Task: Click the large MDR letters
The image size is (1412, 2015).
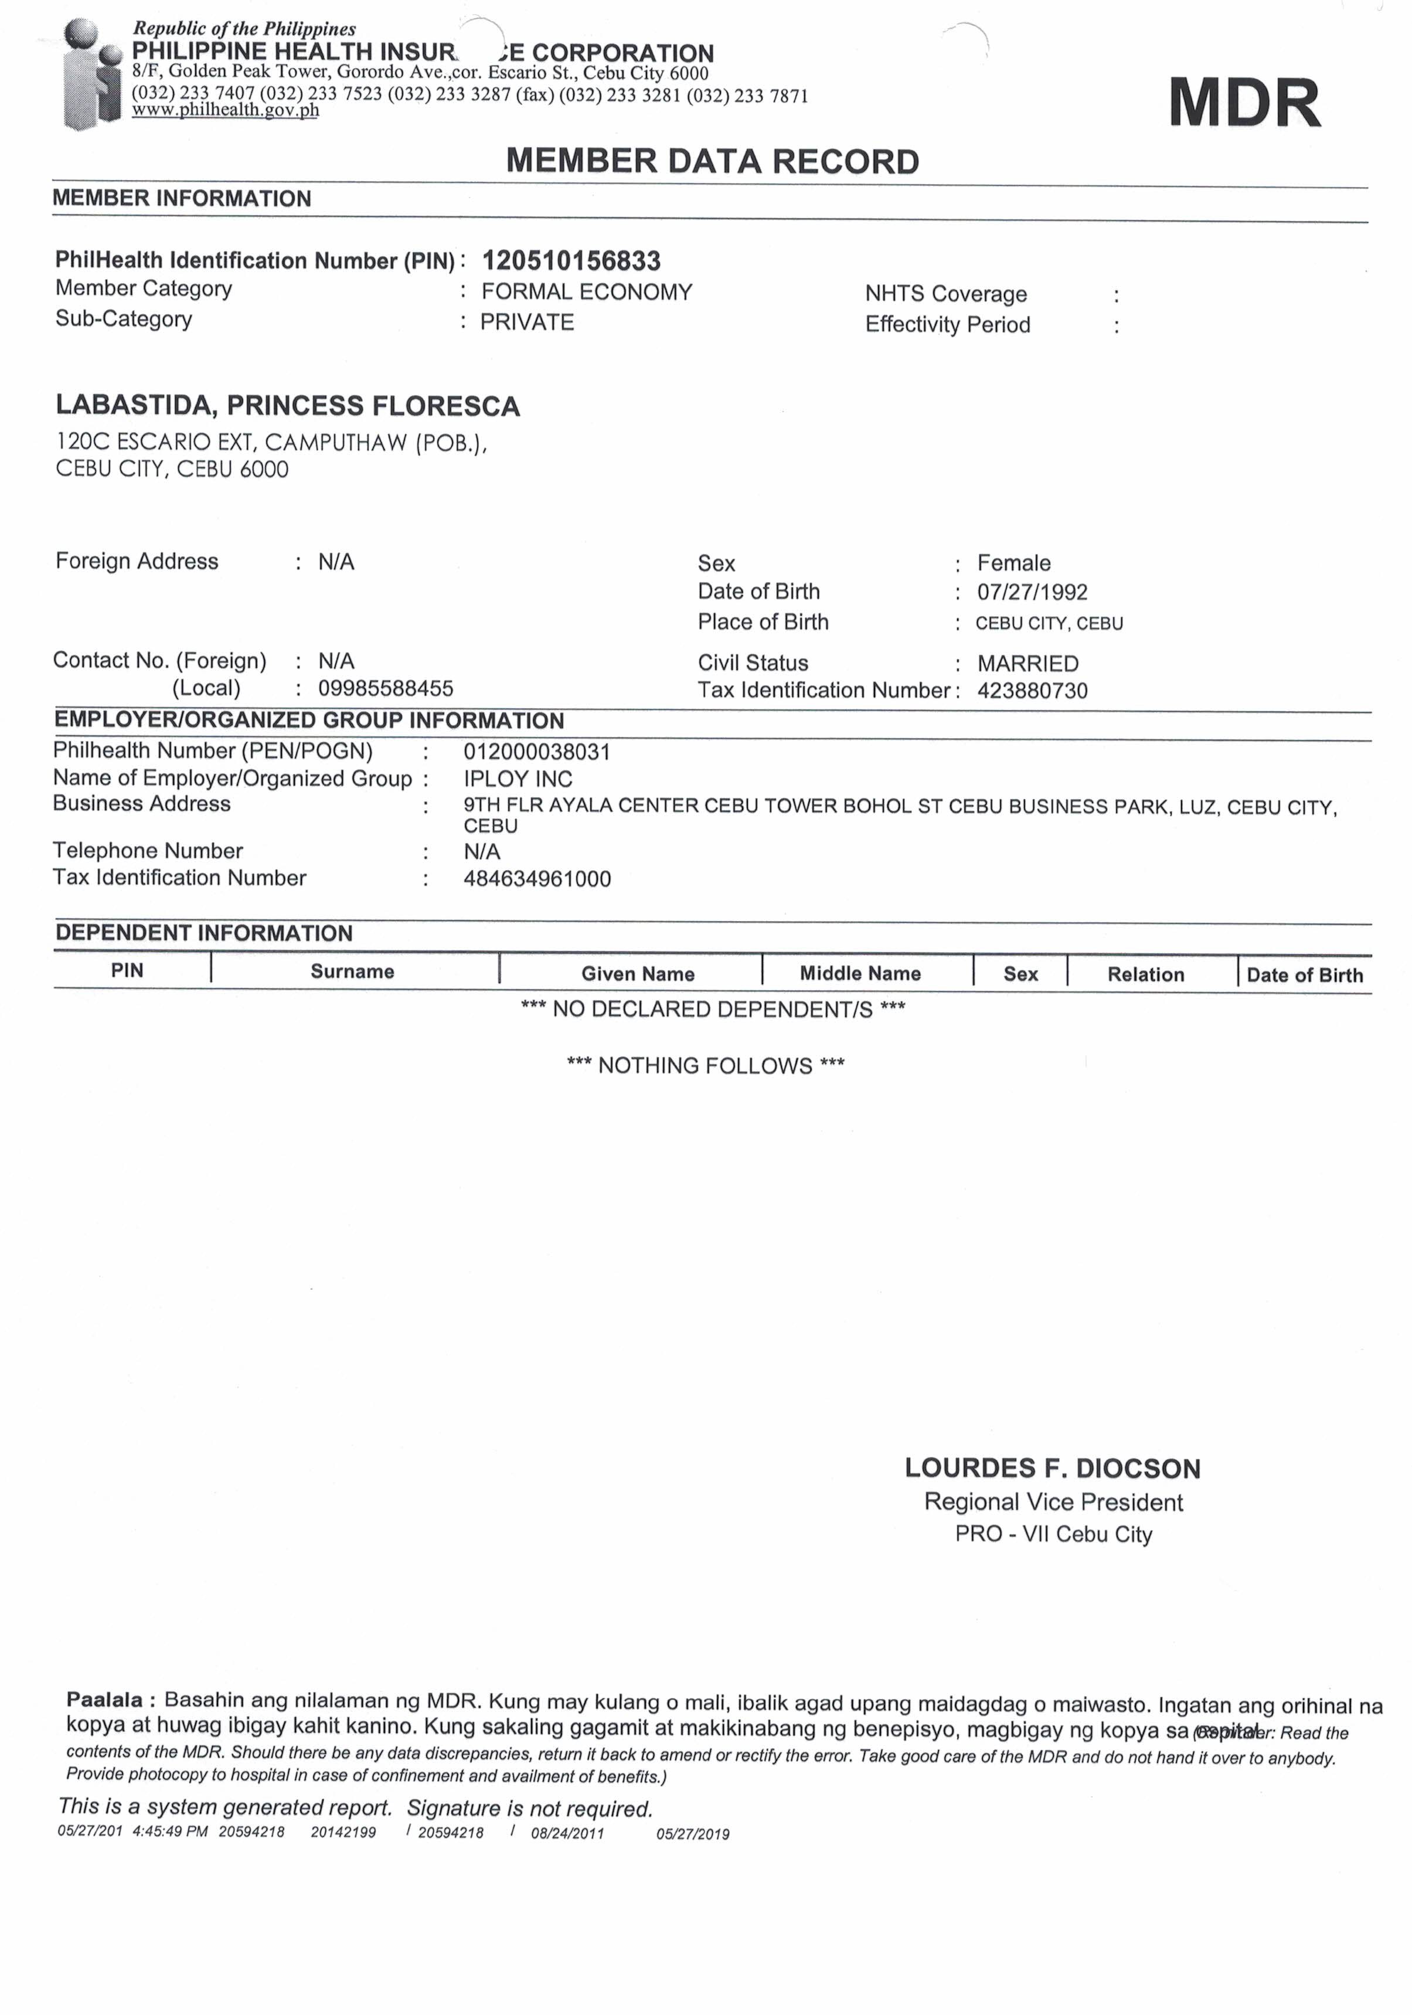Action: pyautogui.click(x=1244, y=104)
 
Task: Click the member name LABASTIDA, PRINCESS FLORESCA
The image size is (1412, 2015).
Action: pyautogui.click(x=288, y=406)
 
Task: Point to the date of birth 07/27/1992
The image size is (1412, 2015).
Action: pyautogui.click(x=1032, y=592)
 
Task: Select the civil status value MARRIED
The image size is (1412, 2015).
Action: pyautogui.click(x=1027, y=664)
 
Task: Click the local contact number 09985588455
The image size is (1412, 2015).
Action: pyautogui.click(x=385, y=688)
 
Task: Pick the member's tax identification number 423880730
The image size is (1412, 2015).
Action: pyautogui.click(x=1032, y=691)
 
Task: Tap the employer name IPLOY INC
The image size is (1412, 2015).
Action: pyautogui.click(x=518, y=779)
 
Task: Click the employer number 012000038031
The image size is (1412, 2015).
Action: pyautogui.click(x=536, y=752)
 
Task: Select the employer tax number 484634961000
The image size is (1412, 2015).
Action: pyautogui.click(x=537, y=879)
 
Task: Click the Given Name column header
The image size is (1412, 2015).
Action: pyautogui.click(x=637, y=973)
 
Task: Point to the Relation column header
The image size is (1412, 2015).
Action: pyautogui.click(x=1145, y=974)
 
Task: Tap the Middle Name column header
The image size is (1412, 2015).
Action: pyautogui.click(x=860, y=973)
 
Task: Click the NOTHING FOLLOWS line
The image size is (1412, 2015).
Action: pyautogui.click(x=706, y=1065)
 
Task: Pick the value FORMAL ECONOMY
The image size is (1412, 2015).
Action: pyautogui.click(x=586, y=292)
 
